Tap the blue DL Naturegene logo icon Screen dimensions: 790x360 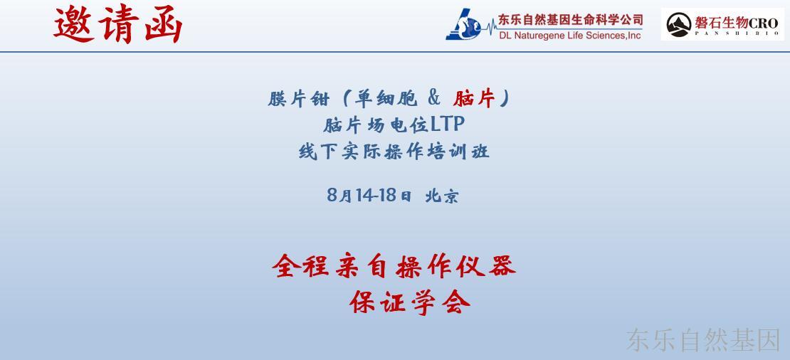point(463,25)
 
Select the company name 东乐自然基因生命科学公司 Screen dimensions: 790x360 point(570,20)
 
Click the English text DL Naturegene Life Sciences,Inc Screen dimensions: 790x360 point(570,36)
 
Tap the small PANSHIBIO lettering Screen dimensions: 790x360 point(737,34)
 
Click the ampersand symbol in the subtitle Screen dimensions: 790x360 point(434,98)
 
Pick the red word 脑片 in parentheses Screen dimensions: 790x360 point(473,99)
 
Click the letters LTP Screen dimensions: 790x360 point(447,124)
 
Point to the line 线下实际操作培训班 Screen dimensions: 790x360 point(394,151)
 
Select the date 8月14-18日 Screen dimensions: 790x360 point(369,195)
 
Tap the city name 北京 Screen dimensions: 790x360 point(442,196)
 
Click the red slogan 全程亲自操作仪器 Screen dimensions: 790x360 point(394,266)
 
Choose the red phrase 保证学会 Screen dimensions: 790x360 point(410,302)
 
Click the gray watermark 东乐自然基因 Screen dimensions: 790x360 point(703,340)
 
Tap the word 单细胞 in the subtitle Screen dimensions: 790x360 point(386,99)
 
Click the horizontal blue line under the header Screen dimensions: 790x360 point(395,51)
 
